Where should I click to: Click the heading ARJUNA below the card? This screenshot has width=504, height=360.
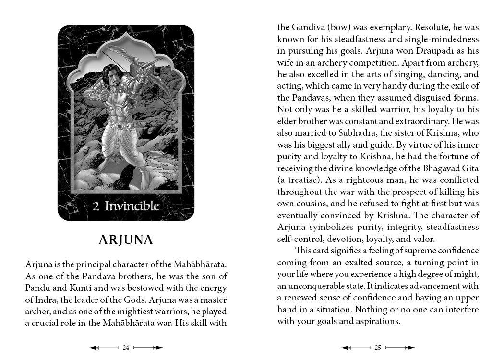coord(126,240)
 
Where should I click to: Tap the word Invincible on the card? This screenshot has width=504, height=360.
coord(132,206)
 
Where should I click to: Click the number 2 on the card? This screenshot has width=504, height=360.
coord(96,207)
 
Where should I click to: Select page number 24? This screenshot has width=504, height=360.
coord(126,348)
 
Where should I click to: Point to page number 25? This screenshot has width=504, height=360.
coord(378,348)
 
